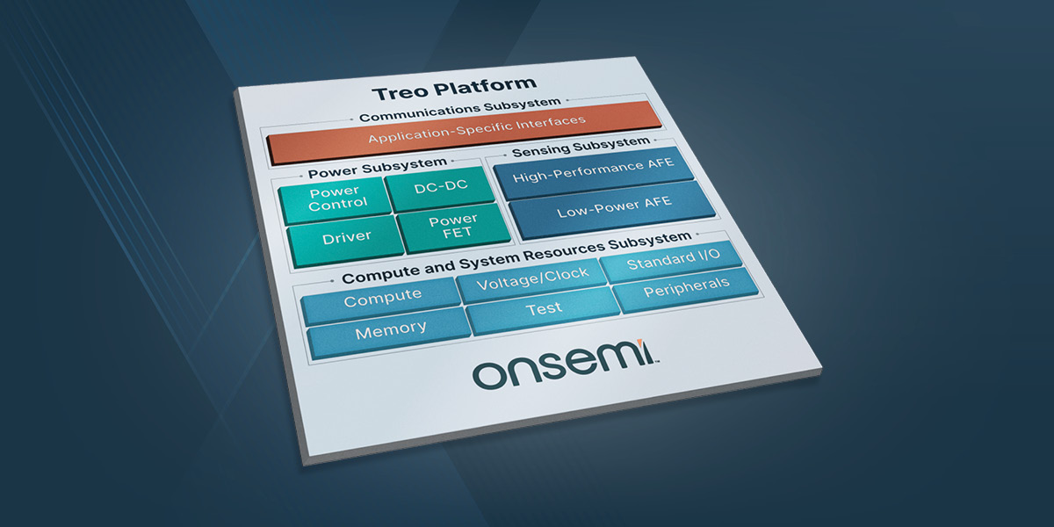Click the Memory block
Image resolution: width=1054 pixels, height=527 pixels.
390,330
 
